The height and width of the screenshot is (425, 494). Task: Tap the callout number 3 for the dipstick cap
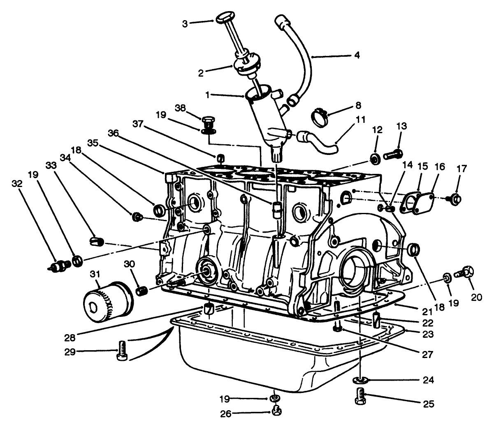(185, 24)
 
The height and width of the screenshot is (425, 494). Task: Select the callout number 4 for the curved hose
(356, 55)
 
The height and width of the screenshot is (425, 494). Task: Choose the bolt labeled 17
(455, 199)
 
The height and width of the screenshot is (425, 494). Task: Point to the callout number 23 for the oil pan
(427, 335)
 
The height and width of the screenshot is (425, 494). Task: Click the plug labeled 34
(136, 216)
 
